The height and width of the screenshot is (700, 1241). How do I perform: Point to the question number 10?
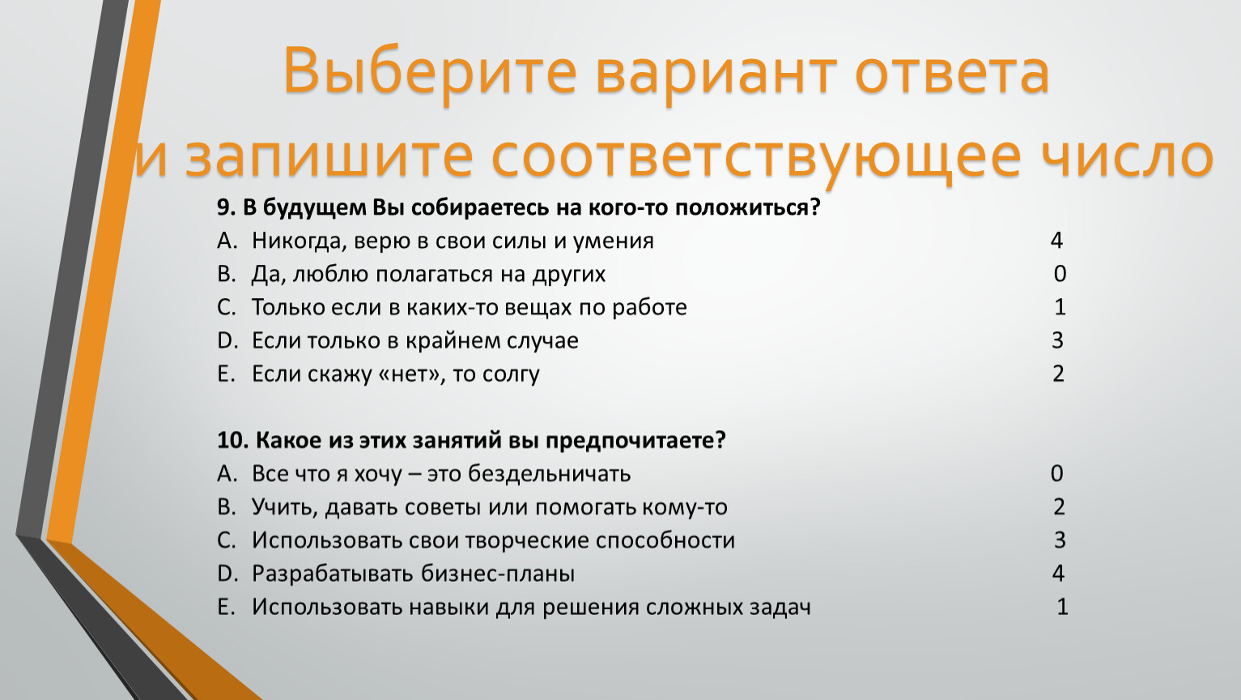tap(232, 441)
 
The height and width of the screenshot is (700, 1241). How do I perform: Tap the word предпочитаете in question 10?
tap(635, 441)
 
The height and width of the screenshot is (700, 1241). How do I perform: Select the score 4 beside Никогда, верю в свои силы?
tap(1056, 240)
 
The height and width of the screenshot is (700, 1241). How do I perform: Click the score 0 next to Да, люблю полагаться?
tap(1060, 274)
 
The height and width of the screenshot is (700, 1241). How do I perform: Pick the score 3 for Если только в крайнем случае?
tap(1057, 340)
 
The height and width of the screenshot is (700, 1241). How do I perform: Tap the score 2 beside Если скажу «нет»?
tap(1058, 373)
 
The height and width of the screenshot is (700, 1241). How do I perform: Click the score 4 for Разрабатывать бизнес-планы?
tap(1058, 573)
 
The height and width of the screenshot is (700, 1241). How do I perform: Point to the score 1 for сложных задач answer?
tap(1062, 606)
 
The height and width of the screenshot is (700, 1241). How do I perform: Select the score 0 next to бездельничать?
tap(1056, 473)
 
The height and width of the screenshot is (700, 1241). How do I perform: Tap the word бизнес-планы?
tap(498, 574)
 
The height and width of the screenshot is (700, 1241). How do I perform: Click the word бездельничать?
tap(549, 474)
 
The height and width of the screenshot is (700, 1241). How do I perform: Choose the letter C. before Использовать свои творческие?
tap(226, 540)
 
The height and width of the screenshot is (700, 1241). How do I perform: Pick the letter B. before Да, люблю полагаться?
tap(226, 274)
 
